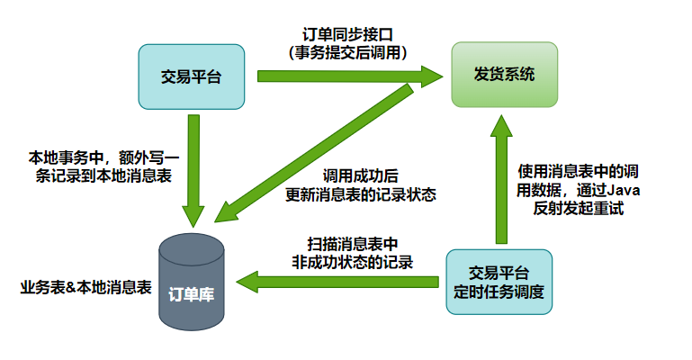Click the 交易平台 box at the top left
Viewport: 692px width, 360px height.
[190, 76]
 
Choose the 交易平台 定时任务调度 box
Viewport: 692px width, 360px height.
[499, 283]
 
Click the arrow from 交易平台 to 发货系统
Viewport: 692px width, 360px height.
[350, 77]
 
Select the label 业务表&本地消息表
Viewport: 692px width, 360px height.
[85, 288]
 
